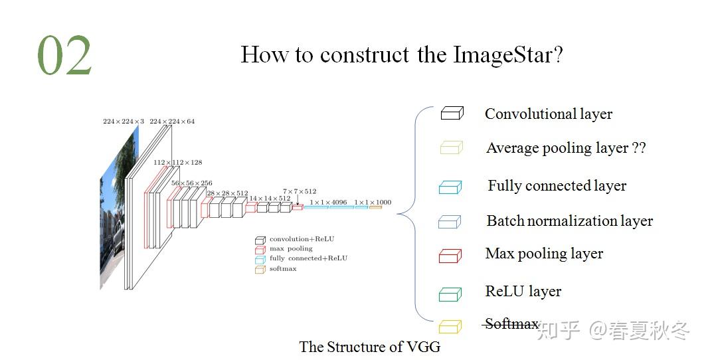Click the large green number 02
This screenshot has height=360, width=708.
click(x=64, y=56)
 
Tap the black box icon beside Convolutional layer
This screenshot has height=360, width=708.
click(x=452, y=114)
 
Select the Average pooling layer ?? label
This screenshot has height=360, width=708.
click(x=566, y=148)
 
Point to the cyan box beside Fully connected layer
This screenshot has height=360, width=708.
click(x=450, y=187)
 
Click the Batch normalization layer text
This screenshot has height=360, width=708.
click(x=569, y=221)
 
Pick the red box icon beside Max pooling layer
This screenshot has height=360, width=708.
click(x=450, y=256)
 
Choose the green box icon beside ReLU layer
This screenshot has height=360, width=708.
click(x=450, y=294)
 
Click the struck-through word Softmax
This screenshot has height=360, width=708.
click(x=511, y=324)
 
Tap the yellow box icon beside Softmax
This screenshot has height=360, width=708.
click(x=450, y=326)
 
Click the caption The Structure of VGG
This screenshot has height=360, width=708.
click(x=369, y=347)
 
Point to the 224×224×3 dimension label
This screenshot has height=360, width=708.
click(x=123, y=122)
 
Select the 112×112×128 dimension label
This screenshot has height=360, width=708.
click(x=177, y=162)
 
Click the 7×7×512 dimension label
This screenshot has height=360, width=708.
click(x=300, y=191)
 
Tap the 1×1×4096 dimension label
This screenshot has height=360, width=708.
click(x=328, y=202)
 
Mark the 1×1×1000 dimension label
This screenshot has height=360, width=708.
click(x=373, y=202)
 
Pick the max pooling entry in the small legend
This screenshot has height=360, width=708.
click(x=290, y=248)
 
